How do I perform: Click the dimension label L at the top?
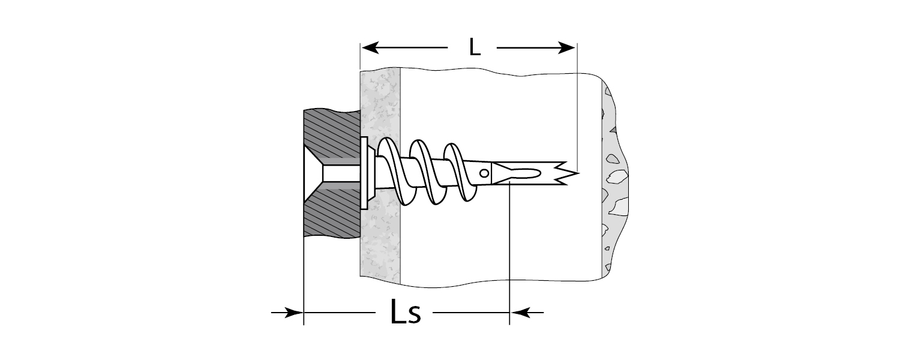pos(475,47)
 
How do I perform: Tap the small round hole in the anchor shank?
pos(484,174)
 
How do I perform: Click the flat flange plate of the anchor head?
pos(364,173)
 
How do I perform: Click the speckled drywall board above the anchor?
pos(380,102)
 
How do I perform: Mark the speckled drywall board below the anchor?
pos(380,246)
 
